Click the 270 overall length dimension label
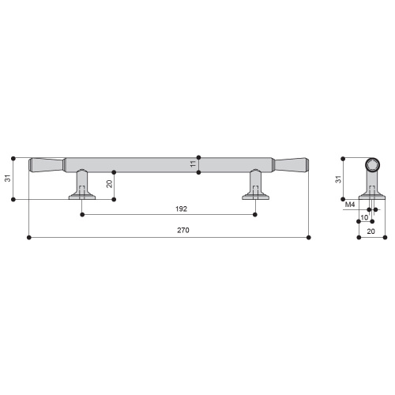point(183,230)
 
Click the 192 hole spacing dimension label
point(181,209)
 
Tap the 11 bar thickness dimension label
point(193,164)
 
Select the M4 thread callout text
point(350,205)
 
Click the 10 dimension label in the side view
point(364,217)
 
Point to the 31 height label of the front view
point(8,178)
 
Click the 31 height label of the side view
point(339,179)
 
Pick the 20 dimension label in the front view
point(109,184)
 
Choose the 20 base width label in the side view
point(371,231)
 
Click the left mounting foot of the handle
point(82,185)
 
